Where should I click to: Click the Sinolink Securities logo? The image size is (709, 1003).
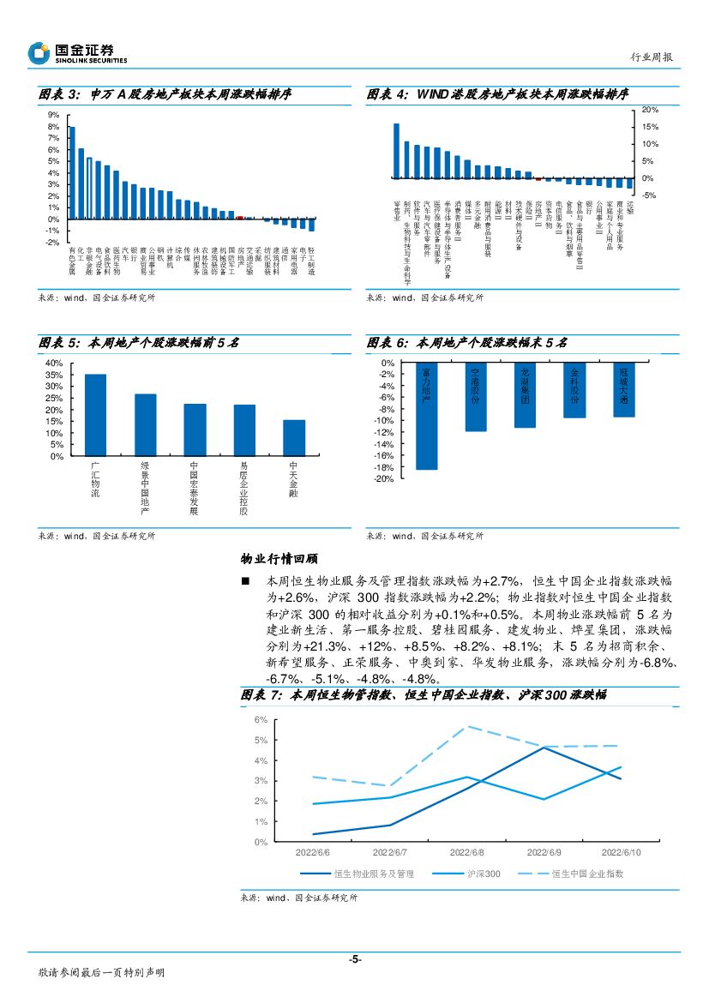coord(77,54)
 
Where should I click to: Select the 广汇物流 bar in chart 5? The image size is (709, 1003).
coord(95,415)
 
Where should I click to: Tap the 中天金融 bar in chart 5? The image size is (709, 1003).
coord(294,437)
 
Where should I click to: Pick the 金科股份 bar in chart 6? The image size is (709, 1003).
coord(574,391)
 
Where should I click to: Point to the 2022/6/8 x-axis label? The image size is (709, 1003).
coord(466,853)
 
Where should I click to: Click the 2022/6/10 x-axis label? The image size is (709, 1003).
coord(621,853)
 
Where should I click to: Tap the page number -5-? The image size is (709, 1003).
coord(354,959)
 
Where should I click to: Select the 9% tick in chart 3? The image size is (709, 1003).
coord(53,115)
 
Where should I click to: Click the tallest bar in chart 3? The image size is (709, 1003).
coord(72,172)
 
